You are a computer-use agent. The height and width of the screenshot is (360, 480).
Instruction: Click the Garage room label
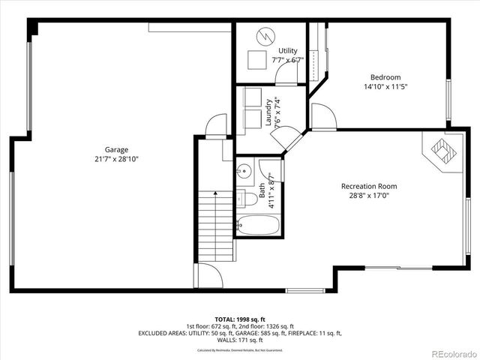coord(116,149)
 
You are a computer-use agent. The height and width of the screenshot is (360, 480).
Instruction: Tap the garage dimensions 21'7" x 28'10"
coord(116,159)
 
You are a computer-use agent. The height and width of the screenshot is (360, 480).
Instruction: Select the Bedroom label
coord(385,77)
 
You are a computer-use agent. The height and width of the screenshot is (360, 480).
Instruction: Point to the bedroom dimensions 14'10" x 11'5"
coord(385,87)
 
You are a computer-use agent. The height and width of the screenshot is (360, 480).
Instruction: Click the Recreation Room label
coord(369,186)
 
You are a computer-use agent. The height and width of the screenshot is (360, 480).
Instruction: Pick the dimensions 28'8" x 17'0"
coord(369,196)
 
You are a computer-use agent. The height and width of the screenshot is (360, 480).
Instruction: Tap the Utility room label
coord(288,50)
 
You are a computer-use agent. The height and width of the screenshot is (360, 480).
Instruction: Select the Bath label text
coord(262,193)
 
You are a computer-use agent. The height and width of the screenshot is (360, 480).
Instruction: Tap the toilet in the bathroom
coord(243,198)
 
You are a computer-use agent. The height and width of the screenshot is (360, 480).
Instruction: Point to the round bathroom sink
coord(244,170)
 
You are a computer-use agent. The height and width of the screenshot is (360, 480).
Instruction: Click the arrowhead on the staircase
coord(215,193)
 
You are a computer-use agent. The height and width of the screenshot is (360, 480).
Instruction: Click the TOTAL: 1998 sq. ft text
coord(240,318)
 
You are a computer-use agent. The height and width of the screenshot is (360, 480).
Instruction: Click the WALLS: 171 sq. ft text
coord(240,339)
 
